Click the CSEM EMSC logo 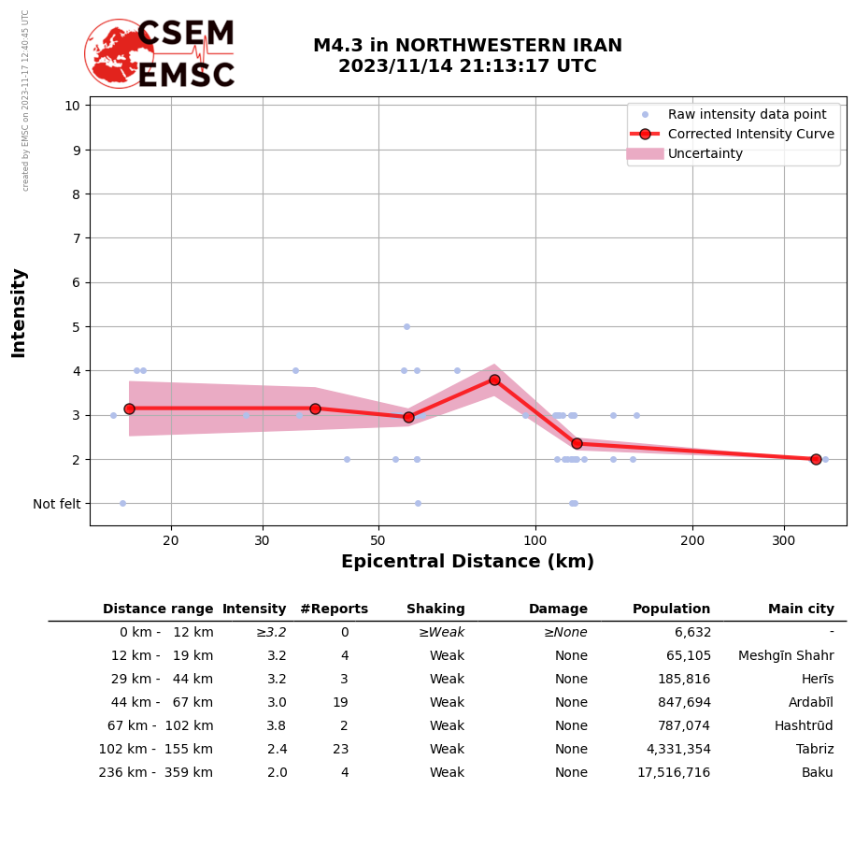(160, 54)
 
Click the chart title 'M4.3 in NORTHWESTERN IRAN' (467, 46)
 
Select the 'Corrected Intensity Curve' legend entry (750, 134)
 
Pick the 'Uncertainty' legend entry (705, 153)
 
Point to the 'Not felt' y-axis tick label (56, 504)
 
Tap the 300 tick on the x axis (783, 540)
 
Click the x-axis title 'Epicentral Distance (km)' (467, 562)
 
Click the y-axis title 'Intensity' (19, 312)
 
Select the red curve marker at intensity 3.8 (494, 380)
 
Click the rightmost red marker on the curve (816, 459)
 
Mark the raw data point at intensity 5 (406, 326)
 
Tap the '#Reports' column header (334, 609)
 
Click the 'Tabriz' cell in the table (815, 750)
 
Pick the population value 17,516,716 (674, 773)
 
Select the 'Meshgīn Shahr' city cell (786, 656)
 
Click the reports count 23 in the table (340, 750)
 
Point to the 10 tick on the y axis (72, 105)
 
